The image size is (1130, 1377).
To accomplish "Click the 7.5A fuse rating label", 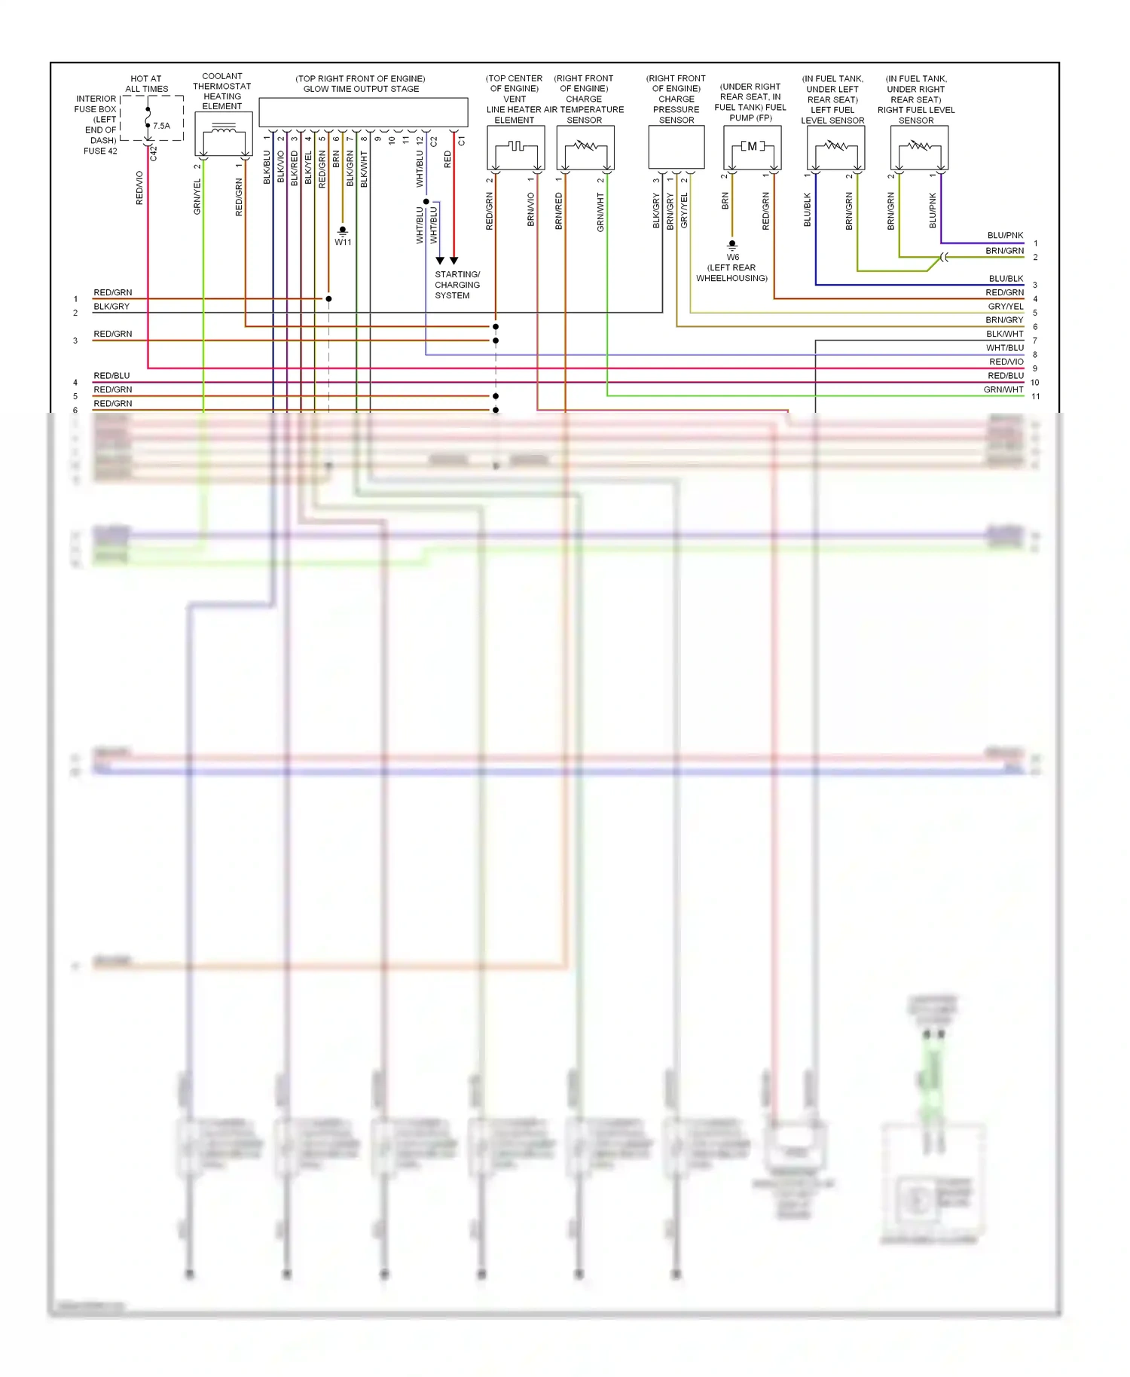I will [x=161, y=126].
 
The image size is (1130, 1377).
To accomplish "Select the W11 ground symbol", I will [x=343, y=230].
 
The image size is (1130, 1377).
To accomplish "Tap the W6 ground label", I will [x=732, y=257].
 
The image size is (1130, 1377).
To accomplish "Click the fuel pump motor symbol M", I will [x=752, y=146].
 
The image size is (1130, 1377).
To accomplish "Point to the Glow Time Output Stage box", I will [x=363, y=112].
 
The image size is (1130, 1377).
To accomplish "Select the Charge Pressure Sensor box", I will [x=676, y=147].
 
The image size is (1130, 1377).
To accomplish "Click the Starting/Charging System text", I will [x=457, y=285].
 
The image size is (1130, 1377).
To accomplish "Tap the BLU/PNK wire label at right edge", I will [x=1005, y=236].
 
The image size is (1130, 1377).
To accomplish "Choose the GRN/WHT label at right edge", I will [x=1003, y=389].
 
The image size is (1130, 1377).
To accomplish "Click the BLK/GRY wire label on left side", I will [x=111, y=307].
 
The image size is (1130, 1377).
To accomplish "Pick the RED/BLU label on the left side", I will [x=111, y=375].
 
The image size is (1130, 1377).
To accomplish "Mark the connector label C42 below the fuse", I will [x=154, y=153].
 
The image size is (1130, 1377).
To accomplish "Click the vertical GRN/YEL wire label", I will [x=197, y=197].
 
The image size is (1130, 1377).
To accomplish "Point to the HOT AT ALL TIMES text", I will [x=146, y=84].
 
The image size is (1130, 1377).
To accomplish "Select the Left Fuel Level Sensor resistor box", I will [x=835, y=147].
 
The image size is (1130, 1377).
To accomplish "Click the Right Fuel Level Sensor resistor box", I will [x=919, y=147].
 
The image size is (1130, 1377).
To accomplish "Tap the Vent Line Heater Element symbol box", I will [x=515, y=147].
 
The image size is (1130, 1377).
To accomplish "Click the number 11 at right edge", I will [x=1036, y=396].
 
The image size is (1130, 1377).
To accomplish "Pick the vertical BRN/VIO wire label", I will [x=530, y=209].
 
